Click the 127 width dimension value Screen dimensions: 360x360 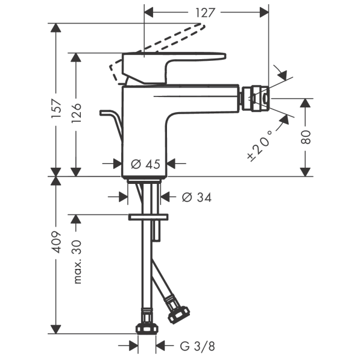point(205,13)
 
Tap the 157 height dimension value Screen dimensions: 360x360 point(57,109)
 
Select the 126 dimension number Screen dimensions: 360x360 point(76,113)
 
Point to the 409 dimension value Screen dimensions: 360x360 point(56,242)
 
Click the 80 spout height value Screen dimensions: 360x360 point(306,137)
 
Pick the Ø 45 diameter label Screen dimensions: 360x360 point(145,165)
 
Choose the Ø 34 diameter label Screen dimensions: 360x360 point(197,197)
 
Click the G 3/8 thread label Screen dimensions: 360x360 point(197,346)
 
